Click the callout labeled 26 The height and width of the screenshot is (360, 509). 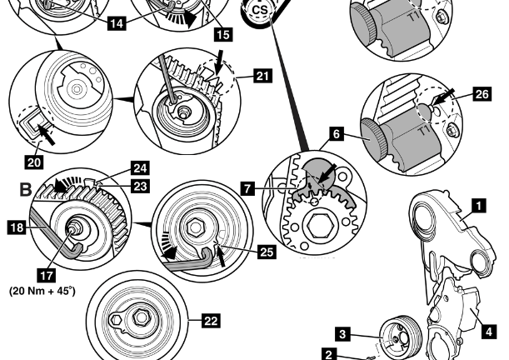coord(482,95)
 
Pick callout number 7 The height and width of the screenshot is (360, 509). coord(247,190)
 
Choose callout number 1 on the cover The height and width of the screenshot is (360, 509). coord(477,202)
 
